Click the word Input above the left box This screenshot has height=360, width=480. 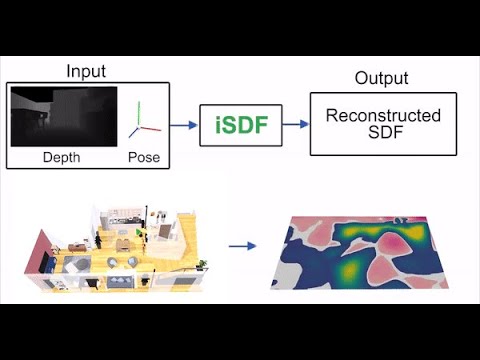point(86,72)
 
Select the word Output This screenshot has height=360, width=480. point(381,79)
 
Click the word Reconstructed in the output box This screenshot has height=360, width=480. point(384,116)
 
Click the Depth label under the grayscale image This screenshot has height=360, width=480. point(61,158)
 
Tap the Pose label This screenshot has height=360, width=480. point(143,158)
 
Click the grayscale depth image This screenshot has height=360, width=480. point(62,118)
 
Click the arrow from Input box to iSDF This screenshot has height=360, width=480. point(182,126)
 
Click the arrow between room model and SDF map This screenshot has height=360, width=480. point(240,244)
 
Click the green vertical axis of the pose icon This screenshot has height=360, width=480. point(140,112)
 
